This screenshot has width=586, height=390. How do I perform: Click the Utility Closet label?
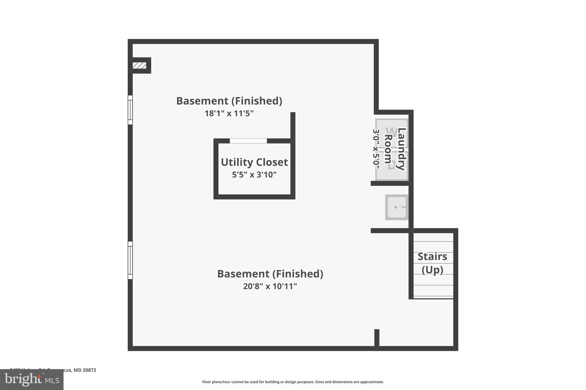pyautogui.click(x=254, y=162)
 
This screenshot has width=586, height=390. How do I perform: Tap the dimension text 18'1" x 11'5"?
pyautogui.click(x=229, y=113)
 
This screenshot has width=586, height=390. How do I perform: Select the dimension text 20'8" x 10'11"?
pyautogui.click(x=270, y=286)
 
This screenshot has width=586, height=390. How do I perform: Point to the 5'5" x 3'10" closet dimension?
pyautogui.click(x=254, y=175)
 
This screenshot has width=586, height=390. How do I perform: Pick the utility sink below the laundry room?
pyautogui.click(x=397, y=207)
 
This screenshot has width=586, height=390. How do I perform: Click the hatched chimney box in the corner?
pyautogui.click(x=139, y=66)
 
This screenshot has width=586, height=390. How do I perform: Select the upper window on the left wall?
pyautogui.click(x=130, y=110)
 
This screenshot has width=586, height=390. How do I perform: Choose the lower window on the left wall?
pyautogui.click(x=130, y=260)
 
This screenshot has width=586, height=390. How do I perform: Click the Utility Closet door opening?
pyautogui.click(x=248, y=141)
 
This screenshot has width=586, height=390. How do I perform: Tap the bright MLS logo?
pyautogui.click(x=31, y=379)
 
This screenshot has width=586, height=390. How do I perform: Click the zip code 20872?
pyautogui.click(x=89, y=370)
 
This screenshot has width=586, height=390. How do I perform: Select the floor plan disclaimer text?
pyautogui.click(x=293, y=382)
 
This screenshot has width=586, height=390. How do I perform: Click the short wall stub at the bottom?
pyautogui.click(x=377, y=338)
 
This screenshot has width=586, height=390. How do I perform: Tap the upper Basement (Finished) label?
pyautogui.click(x=229, y=101)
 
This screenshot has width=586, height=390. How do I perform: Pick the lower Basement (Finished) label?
pyautogui.click(x=270, y=274)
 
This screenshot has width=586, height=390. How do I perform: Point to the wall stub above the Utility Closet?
pyautogui.click(x=293, y=126)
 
